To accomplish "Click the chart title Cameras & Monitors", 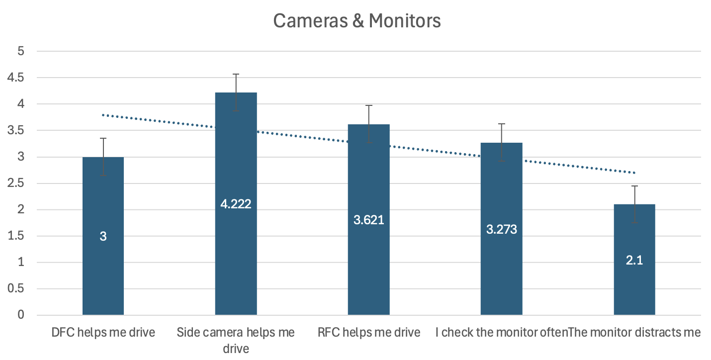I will coord(356,21).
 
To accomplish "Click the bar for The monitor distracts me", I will coord(634,288).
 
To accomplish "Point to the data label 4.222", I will coord(236,204).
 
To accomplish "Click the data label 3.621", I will coord(368,220).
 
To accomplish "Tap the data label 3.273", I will coord(501,229).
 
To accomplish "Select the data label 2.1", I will coord(634,260).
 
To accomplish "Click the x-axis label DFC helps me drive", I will coord(103,332).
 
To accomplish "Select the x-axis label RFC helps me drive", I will coord(369,332).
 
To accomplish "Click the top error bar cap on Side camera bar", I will coord(236,74).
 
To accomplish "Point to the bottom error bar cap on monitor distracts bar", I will coord(634,223).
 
